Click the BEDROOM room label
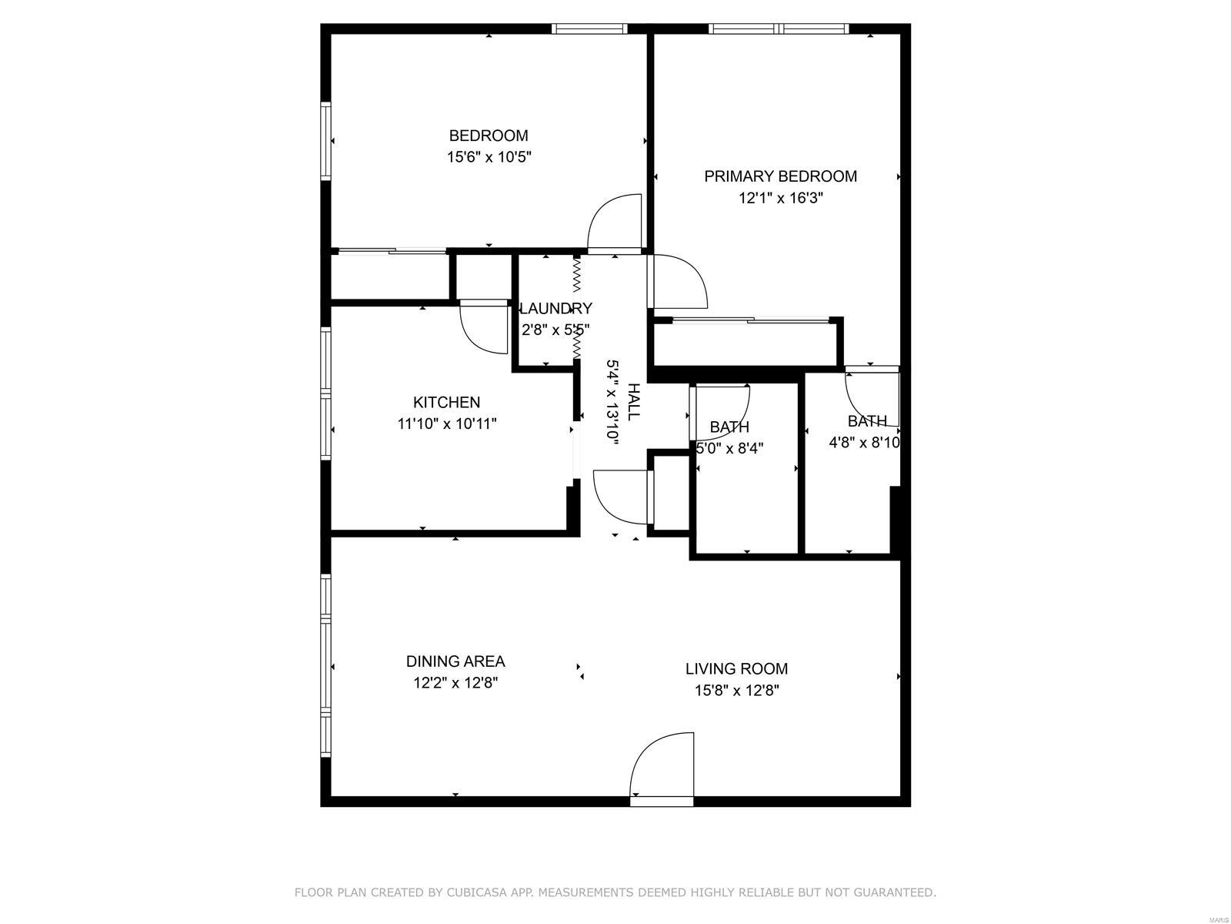[x=488, y=136]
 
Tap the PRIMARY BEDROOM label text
[x=780, y=176]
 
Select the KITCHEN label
[x=446, y=402]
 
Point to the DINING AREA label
[x=455, y=661]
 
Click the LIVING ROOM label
[x=736, y=668]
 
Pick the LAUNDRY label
[x=555, y=308]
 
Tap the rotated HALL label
[x=633, y=402]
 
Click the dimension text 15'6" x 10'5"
[x=489, y=156]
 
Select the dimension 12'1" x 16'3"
[x=780, y=198]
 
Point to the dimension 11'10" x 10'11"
[x=446, y=423]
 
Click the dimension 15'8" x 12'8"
[x=736, y=690]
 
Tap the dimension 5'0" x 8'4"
[x=729, y=448]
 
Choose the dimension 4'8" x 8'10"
[x=864, y=442]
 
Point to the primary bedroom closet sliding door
[x=750, y=320]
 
